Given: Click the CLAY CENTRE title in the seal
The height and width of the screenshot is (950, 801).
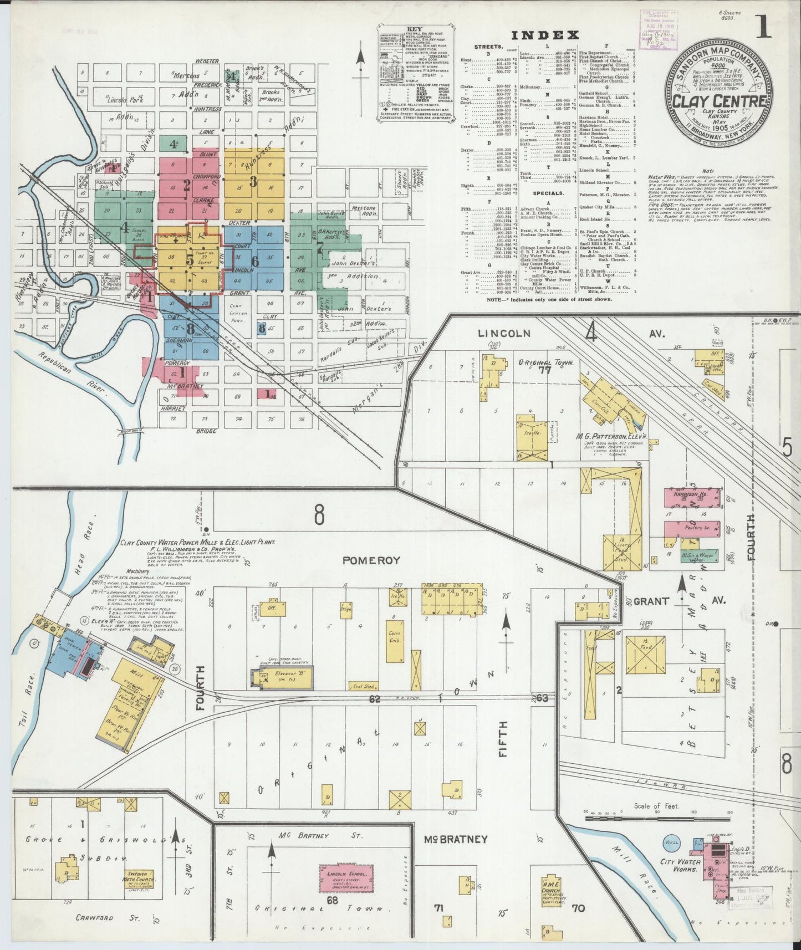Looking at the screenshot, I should point(720,101).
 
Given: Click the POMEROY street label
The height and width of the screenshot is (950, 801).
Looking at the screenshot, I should point(371,560).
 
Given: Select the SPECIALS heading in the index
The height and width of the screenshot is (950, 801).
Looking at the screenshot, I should point(548,193).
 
